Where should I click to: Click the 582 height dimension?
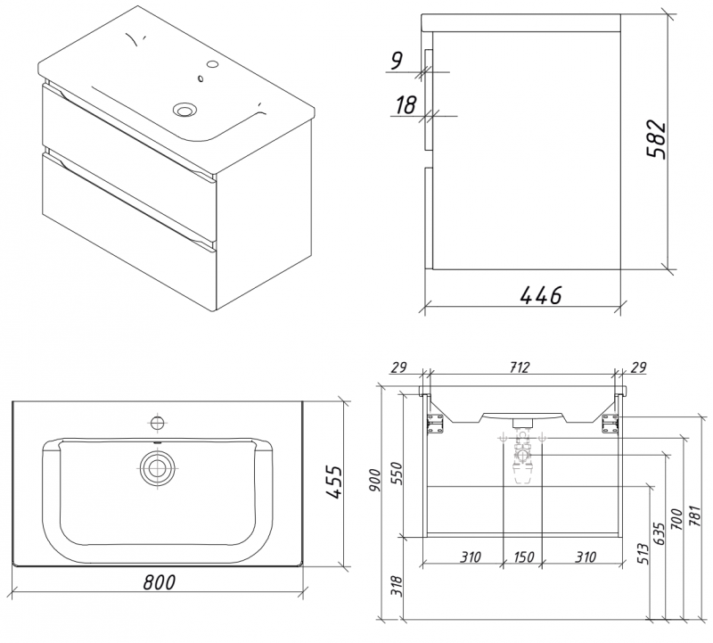pyautogui.click(x=656, y=138)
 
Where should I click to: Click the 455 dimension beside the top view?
pyautogui.click(x=333, y=481)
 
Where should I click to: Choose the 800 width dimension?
pyautogui.click(x=158, y=581)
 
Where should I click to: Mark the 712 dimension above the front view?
pyautogui.click(x=520, y=367)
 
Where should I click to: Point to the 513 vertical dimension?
pyautogui.click(x=643, y=553)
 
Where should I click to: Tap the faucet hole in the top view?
pyautogui.click(x=158, y=422)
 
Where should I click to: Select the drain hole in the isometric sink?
pyautogui.click(x=184, y=110)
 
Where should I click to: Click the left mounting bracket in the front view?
pyautogui.click(x=436, y=423)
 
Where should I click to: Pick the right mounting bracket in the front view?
pyautogui.click(x=611, y=423)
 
